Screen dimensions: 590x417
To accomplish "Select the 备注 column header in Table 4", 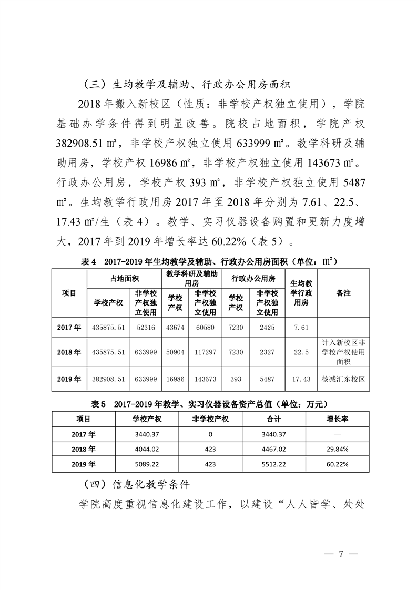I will click(343, 293).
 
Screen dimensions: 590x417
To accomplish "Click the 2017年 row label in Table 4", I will click(69, 327).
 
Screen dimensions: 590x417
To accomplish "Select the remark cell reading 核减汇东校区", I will click(343, 379).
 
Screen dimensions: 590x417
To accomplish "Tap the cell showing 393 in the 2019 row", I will click(236, 379).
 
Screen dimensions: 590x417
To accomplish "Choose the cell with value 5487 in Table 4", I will click(267, 379).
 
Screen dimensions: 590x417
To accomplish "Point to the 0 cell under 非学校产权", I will click(210, 434).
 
